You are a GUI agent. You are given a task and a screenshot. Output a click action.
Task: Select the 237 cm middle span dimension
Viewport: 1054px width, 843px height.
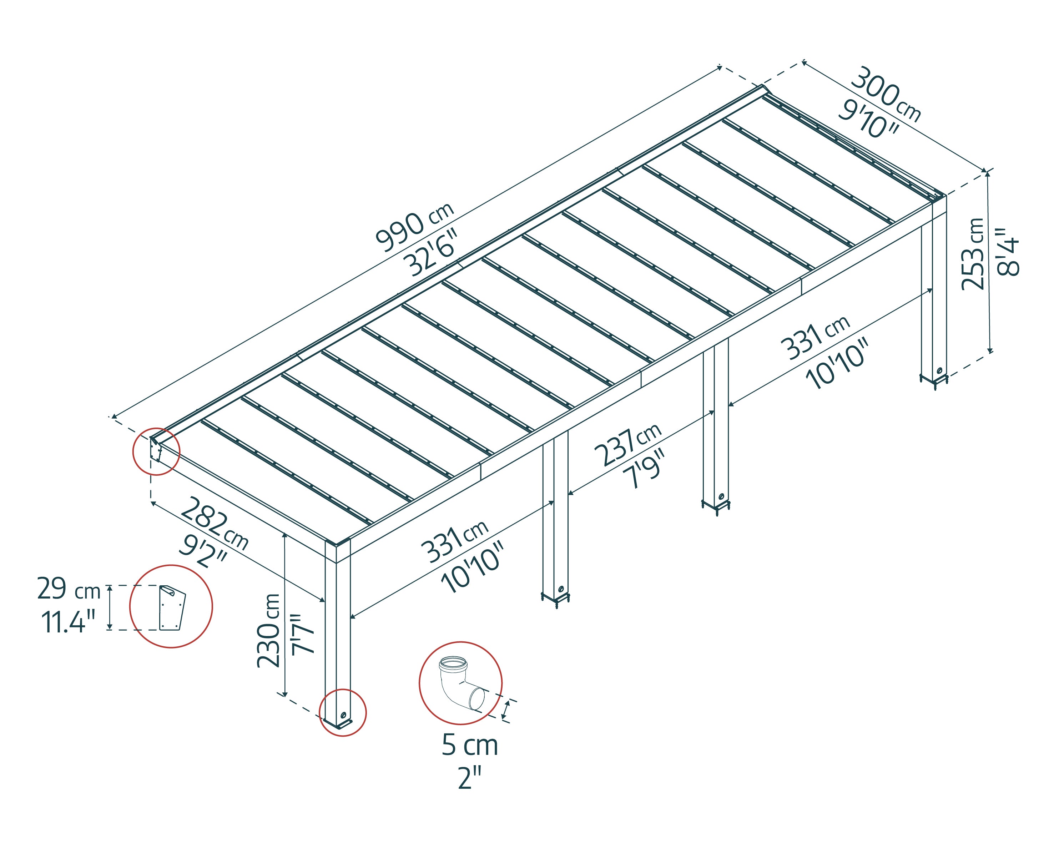click(627, 446)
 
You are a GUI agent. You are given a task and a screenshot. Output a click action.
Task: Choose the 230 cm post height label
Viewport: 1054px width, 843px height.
click(269, 630)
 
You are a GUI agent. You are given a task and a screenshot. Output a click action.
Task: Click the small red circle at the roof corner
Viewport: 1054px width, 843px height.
click(156, 451)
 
